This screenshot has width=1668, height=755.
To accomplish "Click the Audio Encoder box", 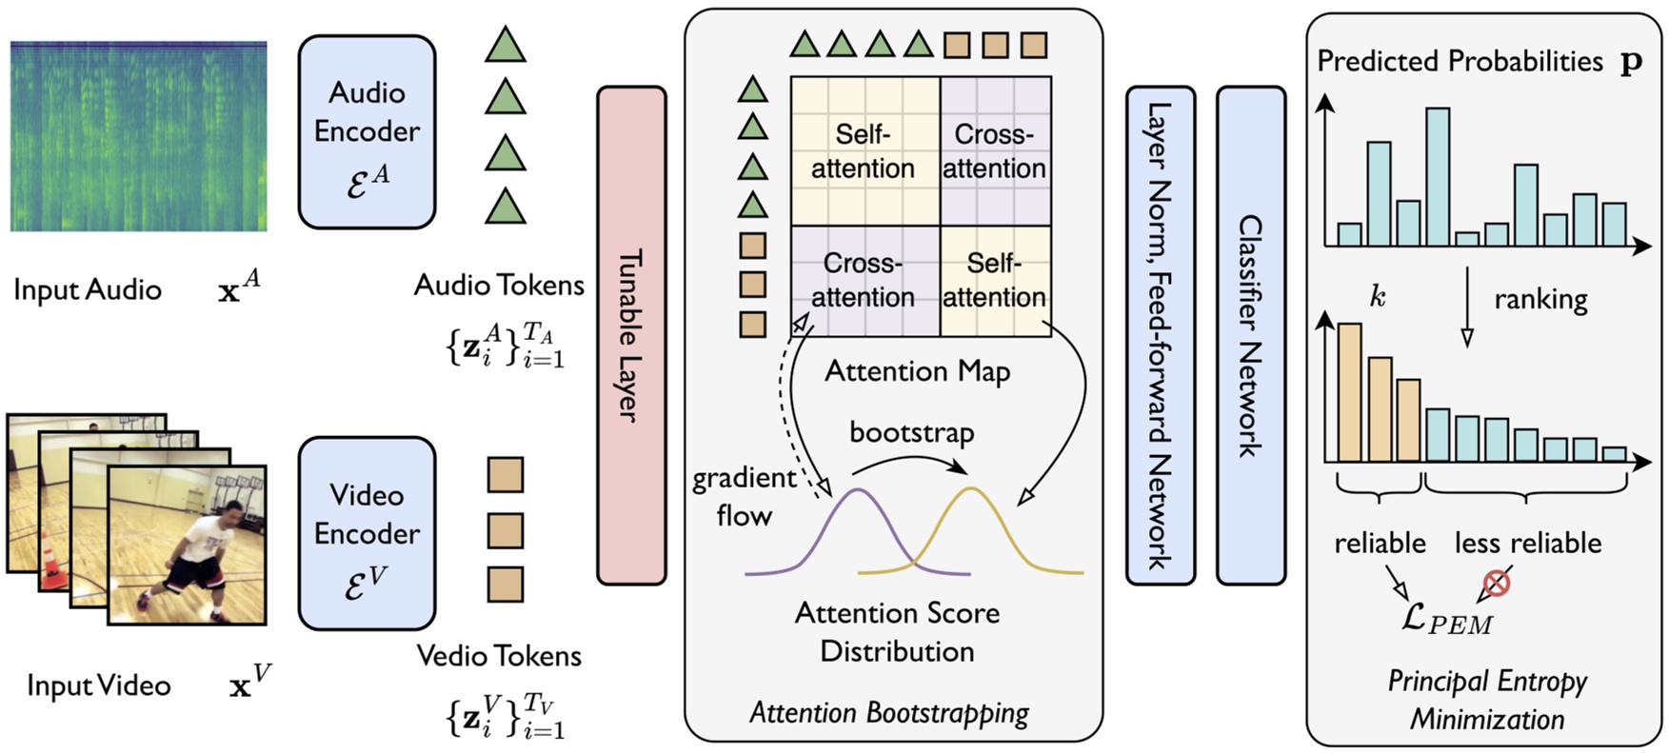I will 367,131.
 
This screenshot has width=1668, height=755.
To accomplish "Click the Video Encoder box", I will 367,533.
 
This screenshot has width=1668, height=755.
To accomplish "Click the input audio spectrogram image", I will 139,136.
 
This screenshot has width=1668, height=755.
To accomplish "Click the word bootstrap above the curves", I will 911,433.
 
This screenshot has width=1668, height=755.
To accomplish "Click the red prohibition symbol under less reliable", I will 1497,583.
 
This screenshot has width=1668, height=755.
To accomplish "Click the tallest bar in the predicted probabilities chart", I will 1437,176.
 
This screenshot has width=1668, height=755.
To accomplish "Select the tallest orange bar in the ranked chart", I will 1349,392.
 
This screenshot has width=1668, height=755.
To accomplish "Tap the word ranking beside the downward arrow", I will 1540,300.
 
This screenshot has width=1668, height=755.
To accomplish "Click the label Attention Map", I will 917,371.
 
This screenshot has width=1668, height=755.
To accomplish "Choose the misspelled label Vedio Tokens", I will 499,656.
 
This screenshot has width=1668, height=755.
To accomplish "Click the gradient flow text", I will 744,497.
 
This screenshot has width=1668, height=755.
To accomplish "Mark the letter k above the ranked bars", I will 1378,297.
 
